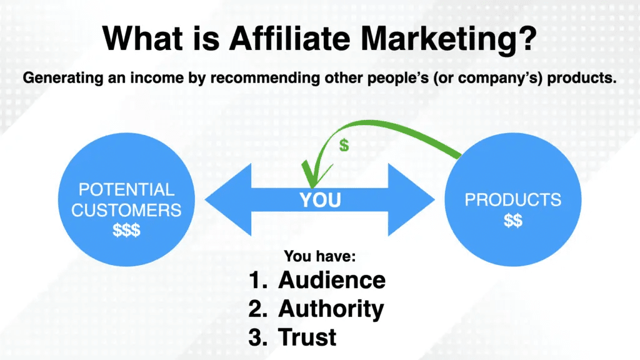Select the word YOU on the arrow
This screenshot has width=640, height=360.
coord(319,200)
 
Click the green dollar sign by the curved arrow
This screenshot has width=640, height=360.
coord(344,146)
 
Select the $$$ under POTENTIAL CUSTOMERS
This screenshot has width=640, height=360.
coord(127,230)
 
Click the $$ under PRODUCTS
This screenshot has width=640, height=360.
coord(512,221)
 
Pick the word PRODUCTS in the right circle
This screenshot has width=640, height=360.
coord(512,201)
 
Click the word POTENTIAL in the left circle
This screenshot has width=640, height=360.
coord(127,189)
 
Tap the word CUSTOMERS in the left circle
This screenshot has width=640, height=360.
coord(127,210)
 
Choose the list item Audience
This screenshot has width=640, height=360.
coord(332,281)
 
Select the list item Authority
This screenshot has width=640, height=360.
coord(331,309)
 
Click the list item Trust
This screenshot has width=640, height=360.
coord(307,337)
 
